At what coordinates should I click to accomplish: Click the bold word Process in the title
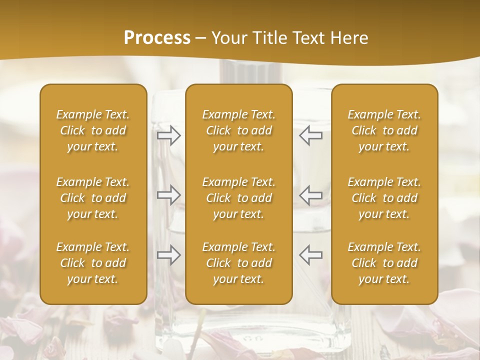tap(157, 38)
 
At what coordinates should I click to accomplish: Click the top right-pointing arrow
tap(168, 135)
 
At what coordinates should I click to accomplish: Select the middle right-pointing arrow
tap(168, 194)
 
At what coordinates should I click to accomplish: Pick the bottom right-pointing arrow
tap(168, 255)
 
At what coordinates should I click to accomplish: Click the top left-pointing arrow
tap(311, 135)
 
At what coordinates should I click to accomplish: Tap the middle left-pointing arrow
tap(311, 194)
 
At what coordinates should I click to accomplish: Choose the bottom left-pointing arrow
tap(311, 255)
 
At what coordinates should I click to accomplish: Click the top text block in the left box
tap(93, 130)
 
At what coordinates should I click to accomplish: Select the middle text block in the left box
tap(93, 198)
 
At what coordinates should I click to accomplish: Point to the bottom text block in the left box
tap(93, 263)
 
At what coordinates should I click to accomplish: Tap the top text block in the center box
tap(239, 130)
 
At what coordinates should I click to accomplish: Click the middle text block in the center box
tap(239, 198)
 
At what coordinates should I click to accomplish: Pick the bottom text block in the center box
tap(239, 263)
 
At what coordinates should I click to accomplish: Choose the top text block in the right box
tap(384, 130)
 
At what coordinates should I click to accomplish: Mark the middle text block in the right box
tap(384, 198)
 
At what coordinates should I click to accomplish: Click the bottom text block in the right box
tap(384, 263)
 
